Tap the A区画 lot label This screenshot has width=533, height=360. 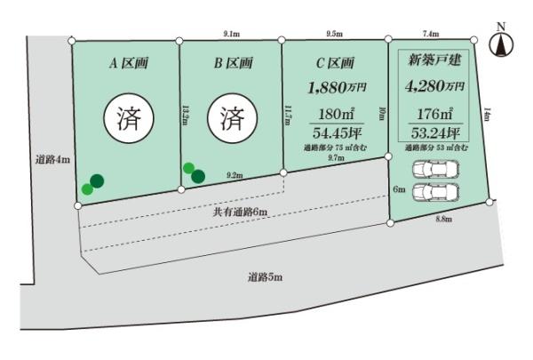coord(127,63)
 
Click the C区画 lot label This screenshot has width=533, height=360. coord(335,63)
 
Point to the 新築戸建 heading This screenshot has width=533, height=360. coord(433,61)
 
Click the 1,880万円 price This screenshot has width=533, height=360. coord(335,87)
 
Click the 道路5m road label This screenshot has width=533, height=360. coord(265,278)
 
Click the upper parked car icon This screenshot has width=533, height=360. coord(434,170)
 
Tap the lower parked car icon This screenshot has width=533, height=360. coord(434,192)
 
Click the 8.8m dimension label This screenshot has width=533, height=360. coord(443,218)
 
